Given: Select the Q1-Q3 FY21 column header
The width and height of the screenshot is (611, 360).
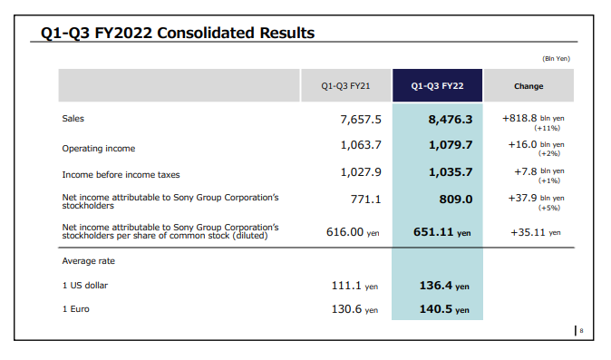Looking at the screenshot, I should point(344,86).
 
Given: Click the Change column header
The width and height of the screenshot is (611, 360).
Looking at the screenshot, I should point(529,86).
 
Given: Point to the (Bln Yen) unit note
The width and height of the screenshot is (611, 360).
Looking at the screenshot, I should point(556,59).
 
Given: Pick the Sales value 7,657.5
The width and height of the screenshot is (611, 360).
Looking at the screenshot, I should point(360,119).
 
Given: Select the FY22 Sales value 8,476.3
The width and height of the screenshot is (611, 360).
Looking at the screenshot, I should point(450,119).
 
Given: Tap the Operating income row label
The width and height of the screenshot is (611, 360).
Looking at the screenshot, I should point(98,146).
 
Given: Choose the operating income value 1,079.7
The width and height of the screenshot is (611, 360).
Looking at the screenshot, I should point(450,145).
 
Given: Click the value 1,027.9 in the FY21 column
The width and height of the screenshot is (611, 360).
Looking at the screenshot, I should point(360,171).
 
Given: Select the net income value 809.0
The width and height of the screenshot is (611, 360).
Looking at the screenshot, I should point(455,199).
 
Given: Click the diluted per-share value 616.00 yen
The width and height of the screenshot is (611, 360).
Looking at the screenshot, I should point(352,231).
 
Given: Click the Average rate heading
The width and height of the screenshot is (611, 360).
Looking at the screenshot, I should point(89,261).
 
